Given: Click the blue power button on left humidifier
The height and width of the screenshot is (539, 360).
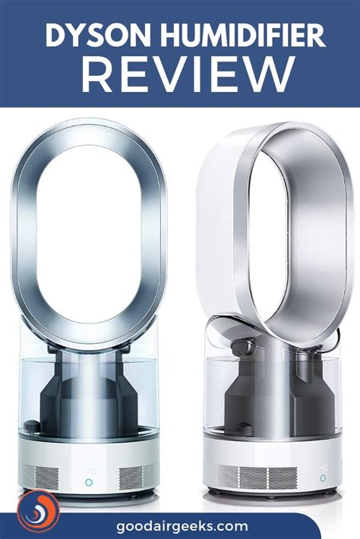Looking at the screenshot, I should pos(88,481).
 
